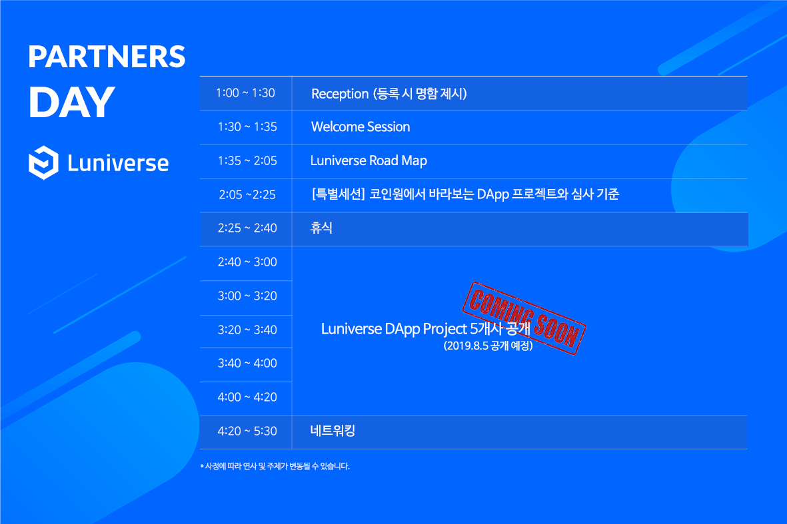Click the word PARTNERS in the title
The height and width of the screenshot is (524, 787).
[107, 57]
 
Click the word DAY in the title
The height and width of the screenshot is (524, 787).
[72, 103]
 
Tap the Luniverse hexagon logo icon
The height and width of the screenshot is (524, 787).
[44, 162]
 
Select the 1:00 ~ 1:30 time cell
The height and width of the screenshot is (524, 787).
[245, 93]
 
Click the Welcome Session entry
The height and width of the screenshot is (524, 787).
[361, 127]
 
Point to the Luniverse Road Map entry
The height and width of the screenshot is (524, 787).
[369, 160]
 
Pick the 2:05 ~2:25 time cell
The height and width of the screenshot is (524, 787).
[247, 194]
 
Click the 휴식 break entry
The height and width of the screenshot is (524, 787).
[321, 228]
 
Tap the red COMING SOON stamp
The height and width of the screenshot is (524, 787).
[524, 318]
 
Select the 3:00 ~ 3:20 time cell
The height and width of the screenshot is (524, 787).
[247, 296]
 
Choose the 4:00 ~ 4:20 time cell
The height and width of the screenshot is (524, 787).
[247, 397]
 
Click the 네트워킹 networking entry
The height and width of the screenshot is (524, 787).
[333, 431]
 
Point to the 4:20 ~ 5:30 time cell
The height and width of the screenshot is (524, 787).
[247, 431]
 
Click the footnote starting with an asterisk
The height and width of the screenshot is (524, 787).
[275, 466]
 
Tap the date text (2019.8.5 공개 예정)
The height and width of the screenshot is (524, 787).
[488, 346]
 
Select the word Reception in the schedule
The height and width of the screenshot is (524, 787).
[340, 94]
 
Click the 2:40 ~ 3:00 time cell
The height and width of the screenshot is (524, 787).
[247, 262]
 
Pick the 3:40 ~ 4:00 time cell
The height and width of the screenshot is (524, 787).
[247, 363]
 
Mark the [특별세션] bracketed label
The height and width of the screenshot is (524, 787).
[339, 194]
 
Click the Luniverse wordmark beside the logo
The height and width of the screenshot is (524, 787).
[118, 163]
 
